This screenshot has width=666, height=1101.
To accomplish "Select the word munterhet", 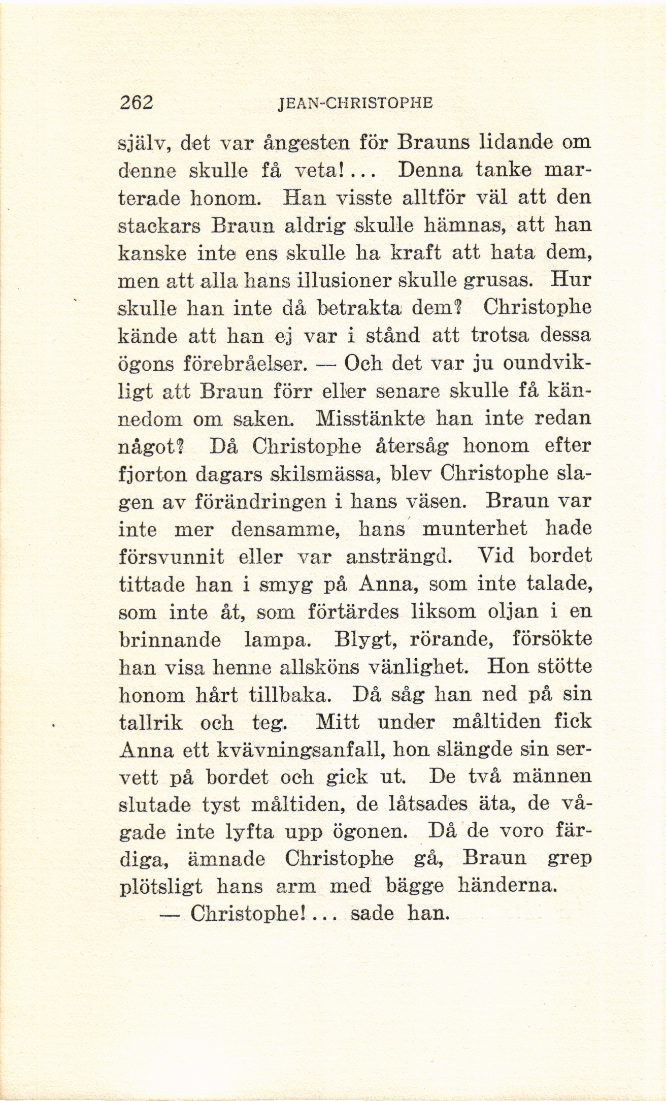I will (475, 530).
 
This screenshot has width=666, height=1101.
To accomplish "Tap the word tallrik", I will (150, 723).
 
